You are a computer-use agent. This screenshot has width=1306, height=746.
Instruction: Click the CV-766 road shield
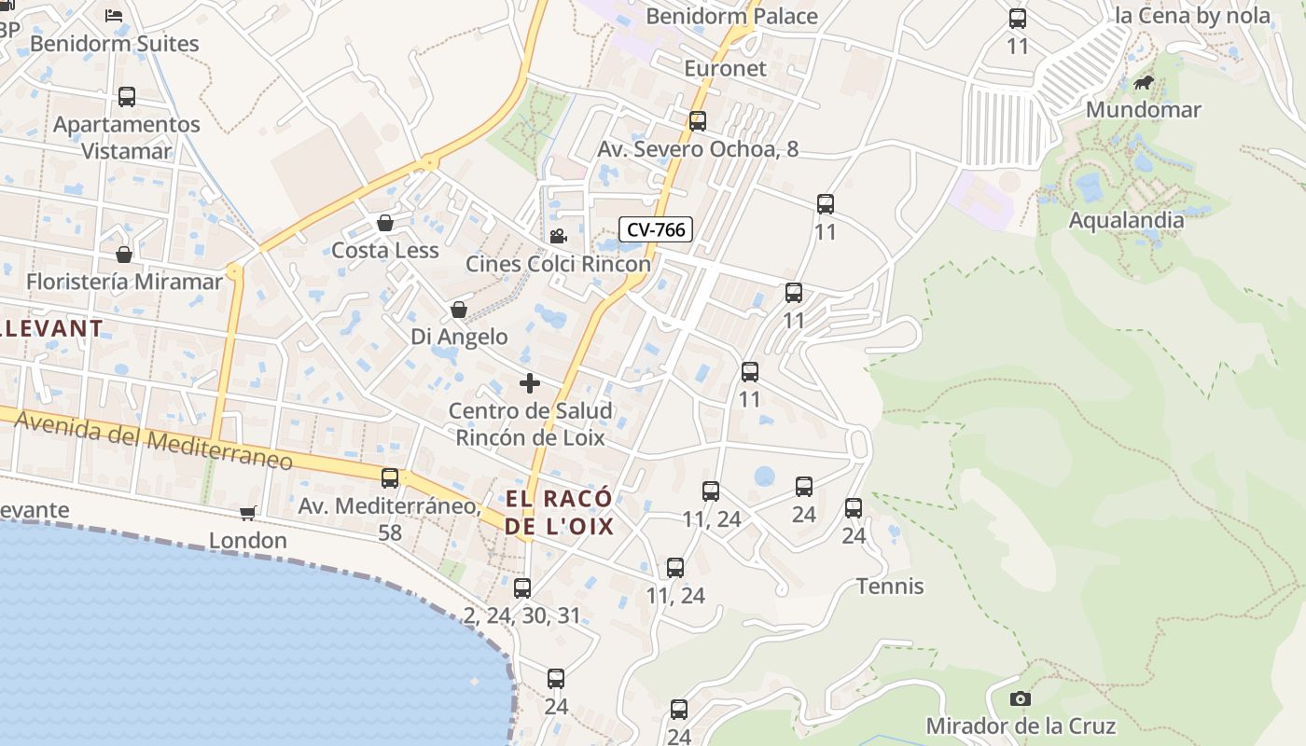tap(656, 229)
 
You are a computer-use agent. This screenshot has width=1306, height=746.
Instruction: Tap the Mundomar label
tap(1143, 109)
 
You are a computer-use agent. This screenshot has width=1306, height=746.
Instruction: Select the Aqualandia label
tap(1126, 220)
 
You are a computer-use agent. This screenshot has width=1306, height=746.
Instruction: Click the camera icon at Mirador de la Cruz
tap(1021, 698)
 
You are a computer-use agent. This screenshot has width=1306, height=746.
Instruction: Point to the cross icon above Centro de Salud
tap(530, 383)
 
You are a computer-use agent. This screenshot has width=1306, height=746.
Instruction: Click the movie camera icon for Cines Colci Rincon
tap(558, 237)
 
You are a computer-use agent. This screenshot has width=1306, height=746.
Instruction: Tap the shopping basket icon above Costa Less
tap(384, 223)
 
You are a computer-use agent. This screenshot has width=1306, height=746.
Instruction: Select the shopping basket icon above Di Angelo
tap(459, 310)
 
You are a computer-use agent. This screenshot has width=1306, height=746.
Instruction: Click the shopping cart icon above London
tap(248, 513)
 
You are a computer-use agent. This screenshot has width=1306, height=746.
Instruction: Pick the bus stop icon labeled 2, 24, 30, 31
tap(522, 588)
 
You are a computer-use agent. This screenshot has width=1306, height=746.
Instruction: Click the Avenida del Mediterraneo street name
tap(154, 442)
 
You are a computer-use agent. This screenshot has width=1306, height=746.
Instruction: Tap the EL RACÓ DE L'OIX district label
tap(560, 512)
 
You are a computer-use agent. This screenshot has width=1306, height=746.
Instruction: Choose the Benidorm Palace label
tap(731, 16)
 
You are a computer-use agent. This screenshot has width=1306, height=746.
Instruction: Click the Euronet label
tap(725, 68)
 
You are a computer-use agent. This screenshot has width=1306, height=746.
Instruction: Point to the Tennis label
tap(890, 586)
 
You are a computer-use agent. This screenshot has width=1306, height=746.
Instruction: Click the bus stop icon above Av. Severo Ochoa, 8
tap(698, 121)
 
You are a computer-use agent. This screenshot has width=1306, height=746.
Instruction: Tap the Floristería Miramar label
tap(124, 281)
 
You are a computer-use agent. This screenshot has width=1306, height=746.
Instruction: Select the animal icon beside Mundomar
tap(1144, 83)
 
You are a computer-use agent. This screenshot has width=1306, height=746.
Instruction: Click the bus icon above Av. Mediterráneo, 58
tap(390, 478)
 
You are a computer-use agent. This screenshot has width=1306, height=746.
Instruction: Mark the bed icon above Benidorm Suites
tap(114, 15)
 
